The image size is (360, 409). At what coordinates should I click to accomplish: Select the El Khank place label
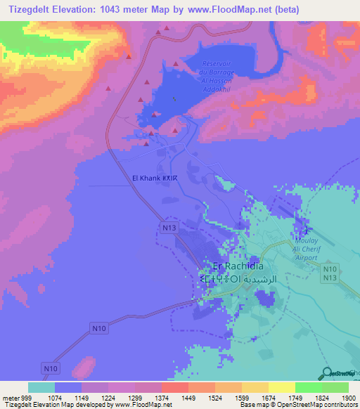[160, 178]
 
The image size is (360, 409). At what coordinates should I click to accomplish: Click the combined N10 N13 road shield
[330, 273]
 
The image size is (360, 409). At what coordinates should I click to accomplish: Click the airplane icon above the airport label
[304, 231]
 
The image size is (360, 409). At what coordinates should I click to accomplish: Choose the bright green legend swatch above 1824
[308, 387]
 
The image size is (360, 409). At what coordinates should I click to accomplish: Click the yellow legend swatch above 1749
[281, 387]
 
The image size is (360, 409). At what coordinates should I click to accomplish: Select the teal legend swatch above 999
[41, 387]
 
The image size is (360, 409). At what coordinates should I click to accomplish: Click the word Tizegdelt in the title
[34, 9]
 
